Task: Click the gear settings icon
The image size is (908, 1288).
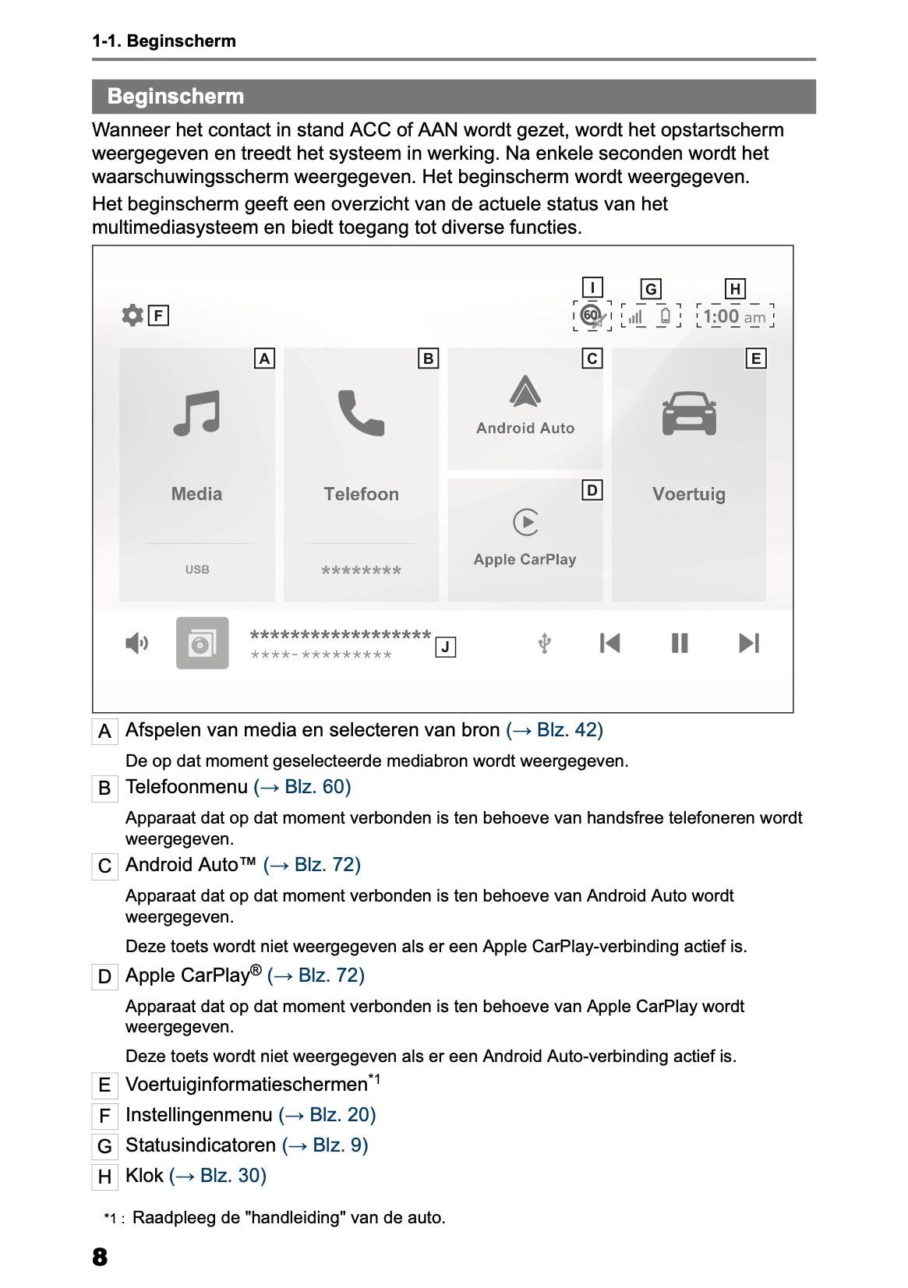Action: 132,316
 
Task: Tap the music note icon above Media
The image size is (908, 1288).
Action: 196,413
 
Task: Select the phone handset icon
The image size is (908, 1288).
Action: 361,413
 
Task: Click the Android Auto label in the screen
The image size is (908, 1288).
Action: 525,428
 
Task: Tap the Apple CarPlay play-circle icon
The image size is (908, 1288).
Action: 526,522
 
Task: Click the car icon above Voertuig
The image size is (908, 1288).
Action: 689,413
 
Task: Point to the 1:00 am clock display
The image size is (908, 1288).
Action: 734,316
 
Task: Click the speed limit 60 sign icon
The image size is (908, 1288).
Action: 592,316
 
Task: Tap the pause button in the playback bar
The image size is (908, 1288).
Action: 680,643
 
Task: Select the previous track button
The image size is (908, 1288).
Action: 609,643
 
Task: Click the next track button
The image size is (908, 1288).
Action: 749,643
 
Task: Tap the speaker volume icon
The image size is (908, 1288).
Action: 137,643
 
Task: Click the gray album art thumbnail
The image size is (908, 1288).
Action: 202,643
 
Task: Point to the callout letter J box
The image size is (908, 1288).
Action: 445,647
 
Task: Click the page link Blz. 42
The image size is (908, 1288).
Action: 554,730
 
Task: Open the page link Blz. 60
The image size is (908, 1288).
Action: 302,787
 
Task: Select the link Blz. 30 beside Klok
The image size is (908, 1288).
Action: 217,1176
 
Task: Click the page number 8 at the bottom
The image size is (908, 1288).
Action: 100,1257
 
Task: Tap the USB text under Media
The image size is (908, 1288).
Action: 197,570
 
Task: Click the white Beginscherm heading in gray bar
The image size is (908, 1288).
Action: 175,97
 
